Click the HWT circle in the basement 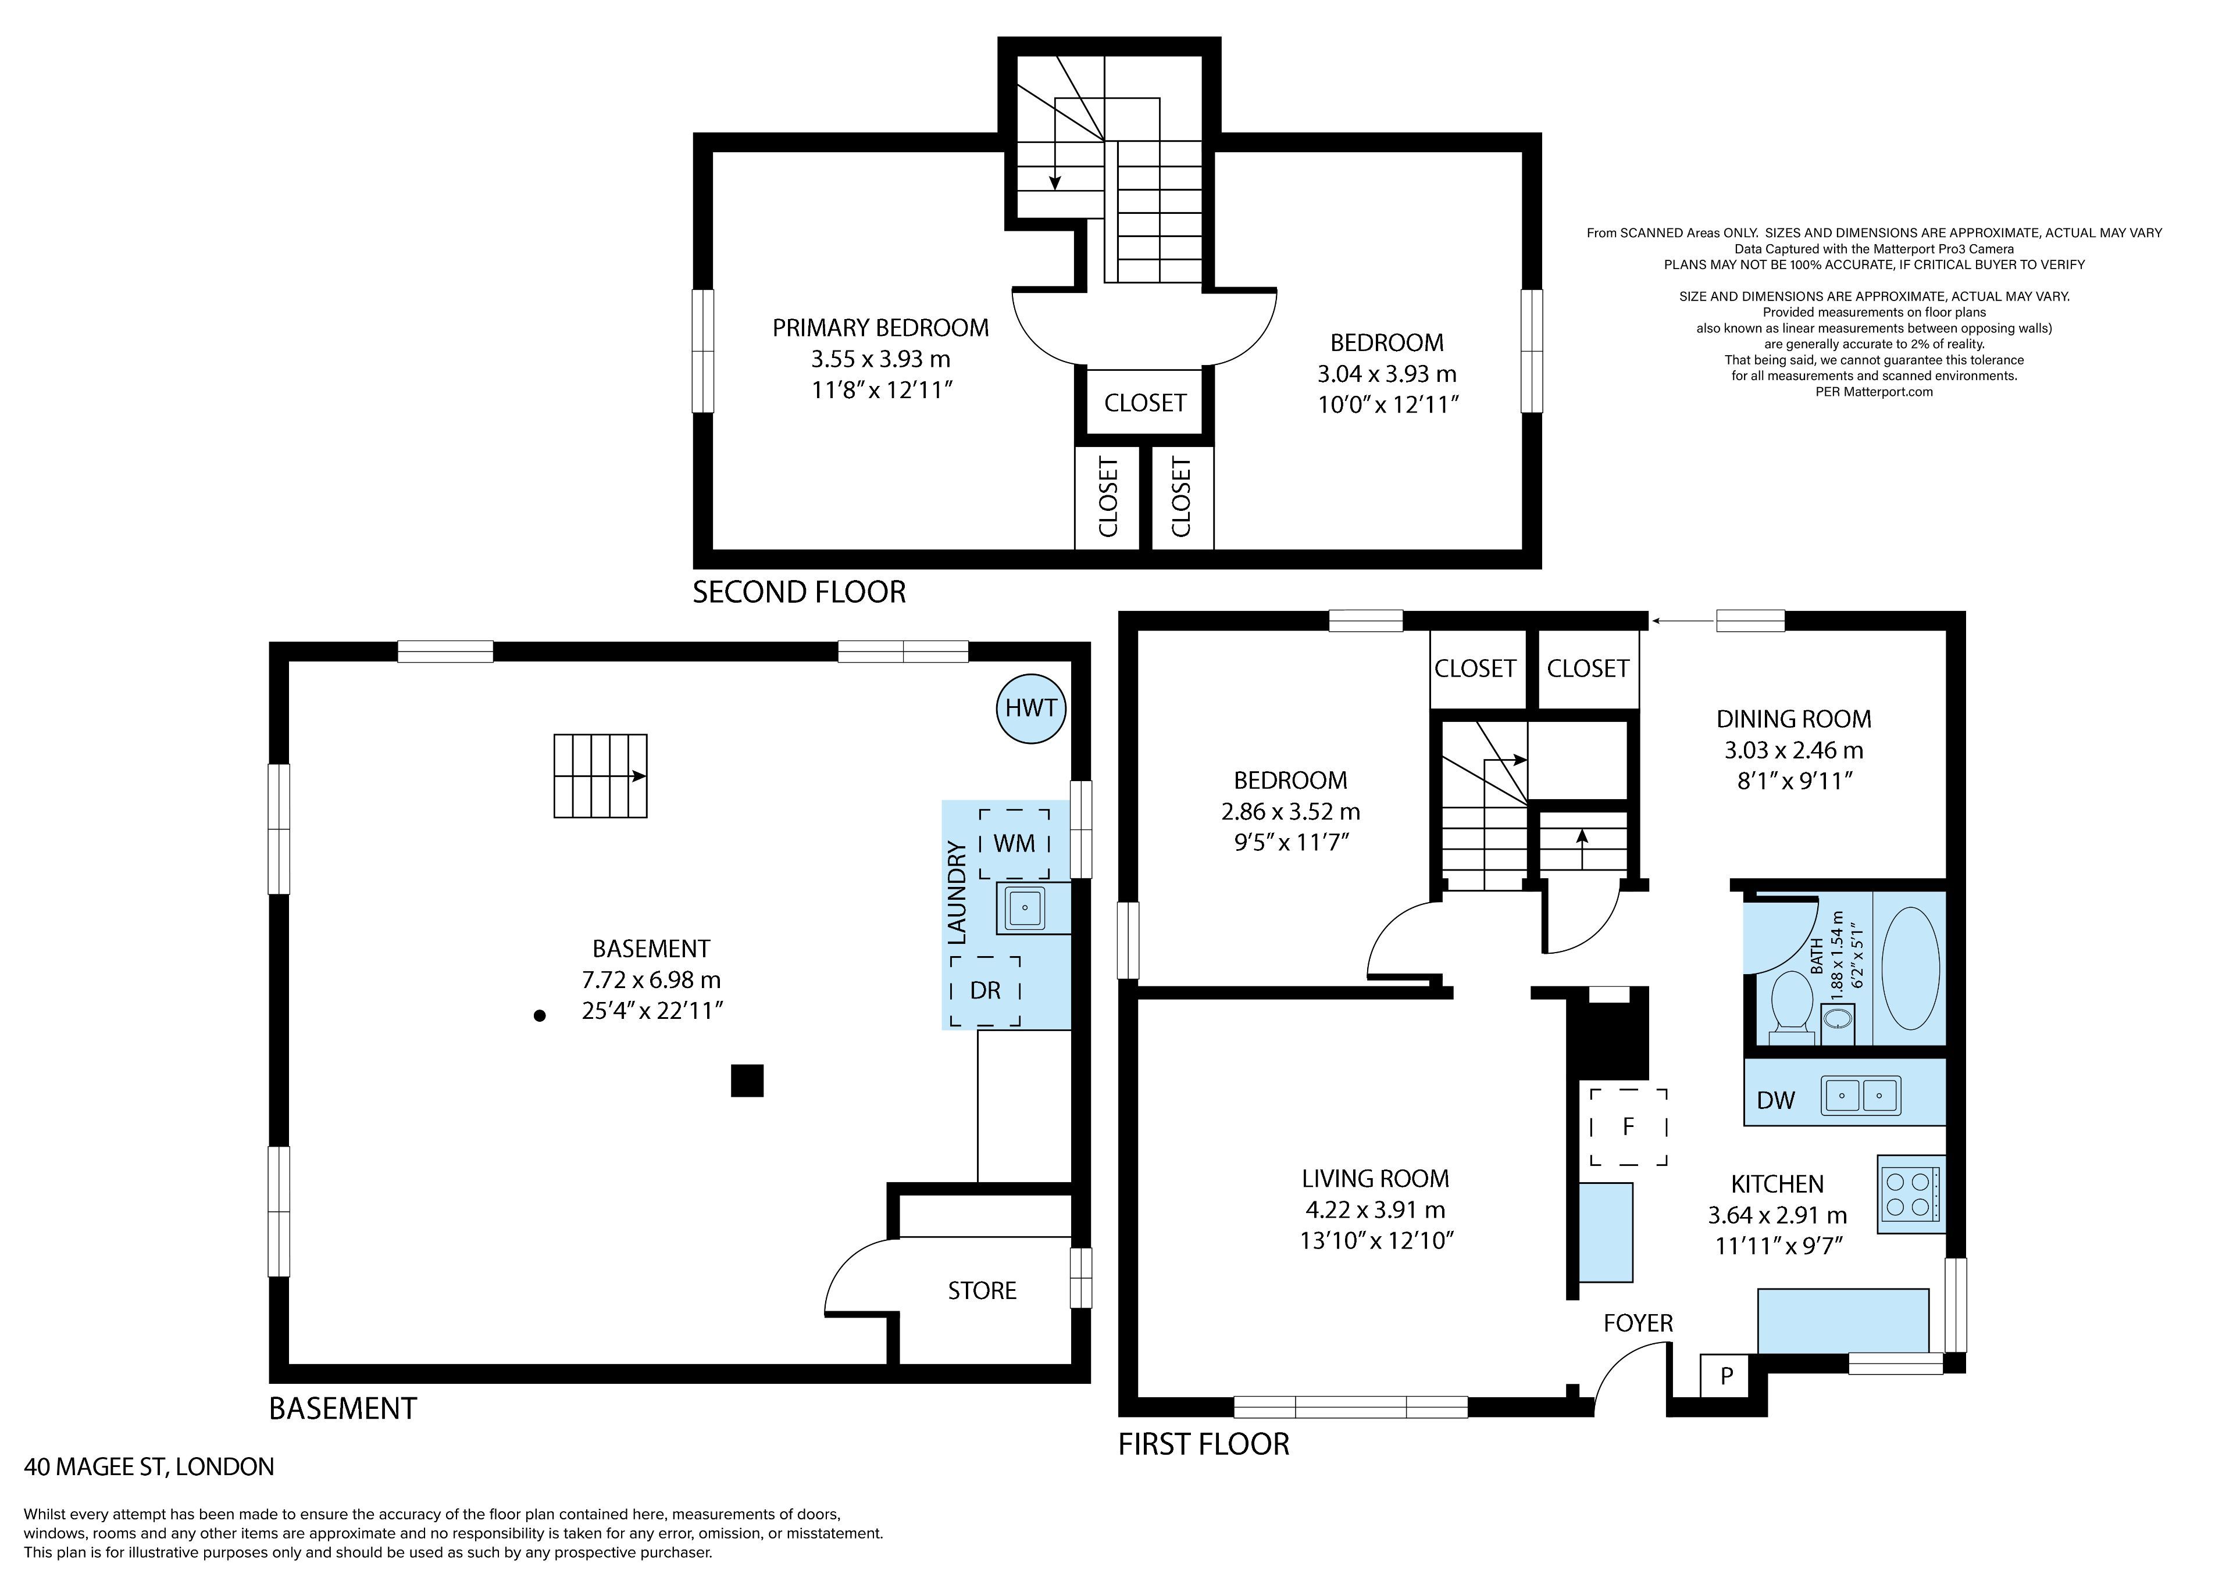coord(1031,708)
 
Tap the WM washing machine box coord(1014,843)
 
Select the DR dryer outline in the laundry coord(985,991)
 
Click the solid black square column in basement coord(747,1080)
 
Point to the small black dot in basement coord(540,1016)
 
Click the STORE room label coord(982,1290)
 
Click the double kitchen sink coord(1860,1095)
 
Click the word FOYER coord(1639,1323)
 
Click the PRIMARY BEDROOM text coord(880,328)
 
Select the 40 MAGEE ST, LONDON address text coord(149,1466)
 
